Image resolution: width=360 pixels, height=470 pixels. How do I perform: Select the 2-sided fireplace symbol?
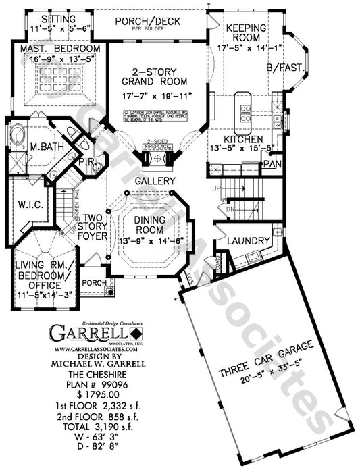click(x=155, y=160)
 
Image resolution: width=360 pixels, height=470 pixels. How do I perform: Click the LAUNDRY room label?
click(x=245, y=240)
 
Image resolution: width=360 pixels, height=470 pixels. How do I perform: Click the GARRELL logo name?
click(x=88, y=334)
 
